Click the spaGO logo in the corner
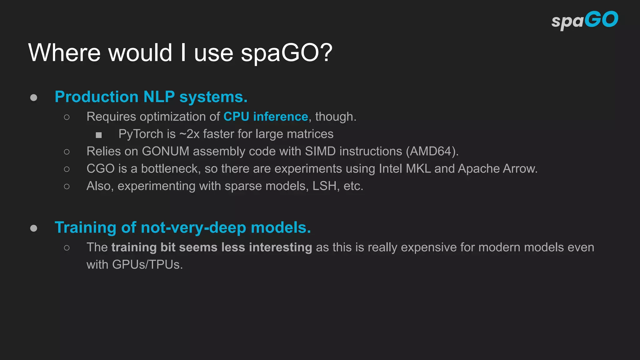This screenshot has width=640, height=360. point(585,20)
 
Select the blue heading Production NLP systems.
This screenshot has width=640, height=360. point(151,97)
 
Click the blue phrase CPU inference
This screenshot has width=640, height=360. point(266,117)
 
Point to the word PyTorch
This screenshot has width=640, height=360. point(141,134)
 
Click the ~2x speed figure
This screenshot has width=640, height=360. point(189,134)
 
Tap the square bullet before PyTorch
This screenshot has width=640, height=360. point(99,135)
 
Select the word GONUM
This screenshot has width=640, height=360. point(166,151)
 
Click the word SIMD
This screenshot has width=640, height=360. point(320,151)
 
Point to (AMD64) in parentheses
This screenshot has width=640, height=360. point(432,151)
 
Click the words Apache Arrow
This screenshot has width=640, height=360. point(497,169)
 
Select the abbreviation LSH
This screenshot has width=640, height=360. point(324,186)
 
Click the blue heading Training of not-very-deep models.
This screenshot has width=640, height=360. point(183,227)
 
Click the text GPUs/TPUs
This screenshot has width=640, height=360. point(147,265)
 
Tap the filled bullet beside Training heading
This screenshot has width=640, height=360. point(34,228)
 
